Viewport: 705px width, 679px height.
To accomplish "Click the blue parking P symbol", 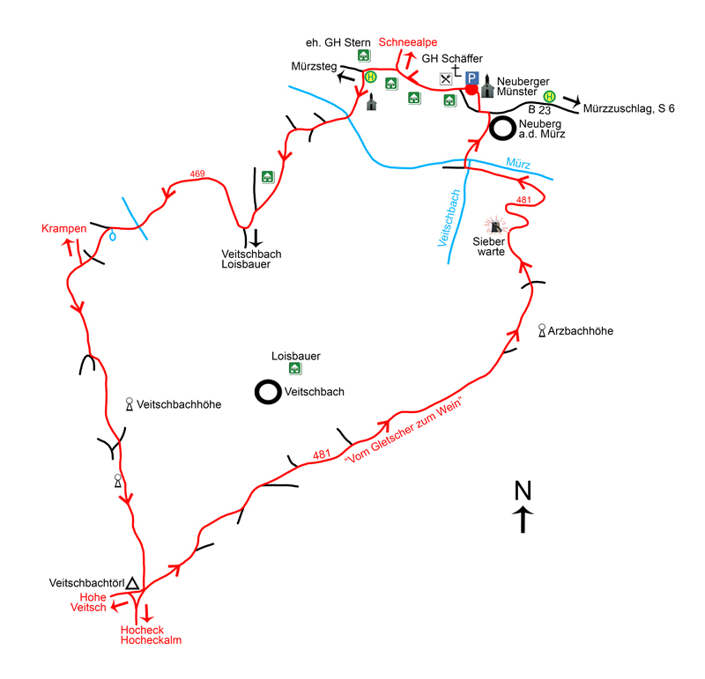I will tap(472, 78).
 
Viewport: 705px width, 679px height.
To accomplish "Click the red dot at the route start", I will tap(472, 90).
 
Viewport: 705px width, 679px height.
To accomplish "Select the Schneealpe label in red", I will tap(408, 41).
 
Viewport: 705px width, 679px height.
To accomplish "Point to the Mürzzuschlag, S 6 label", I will tap(628, 108).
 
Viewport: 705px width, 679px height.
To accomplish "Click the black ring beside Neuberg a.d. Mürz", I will tap(503, 129).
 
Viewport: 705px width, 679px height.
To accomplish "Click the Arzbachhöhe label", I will tap(580, 331).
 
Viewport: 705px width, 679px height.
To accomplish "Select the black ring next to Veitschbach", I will tap(267, 392).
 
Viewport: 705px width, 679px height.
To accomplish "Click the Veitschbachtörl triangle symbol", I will tap(132, 583).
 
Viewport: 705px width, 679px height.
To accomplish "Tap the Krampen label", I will tap(63, 229).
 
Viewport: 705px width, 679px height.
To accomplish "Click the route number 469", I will tap(197, 174).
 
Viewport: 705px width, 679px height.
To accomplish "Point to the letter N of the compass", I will tap(523, 490).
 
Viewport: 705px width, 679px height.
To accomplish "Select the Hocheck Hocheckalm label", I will tap(151, 635).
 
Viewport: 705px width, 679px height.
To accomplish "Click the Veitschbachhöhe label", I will tap(179, 404).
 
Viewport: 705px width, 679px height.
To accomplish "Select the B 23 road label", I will tap(539, 111).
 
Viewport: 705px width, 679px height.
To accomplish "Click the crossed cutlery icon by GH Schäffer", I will tap(446, 78).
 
